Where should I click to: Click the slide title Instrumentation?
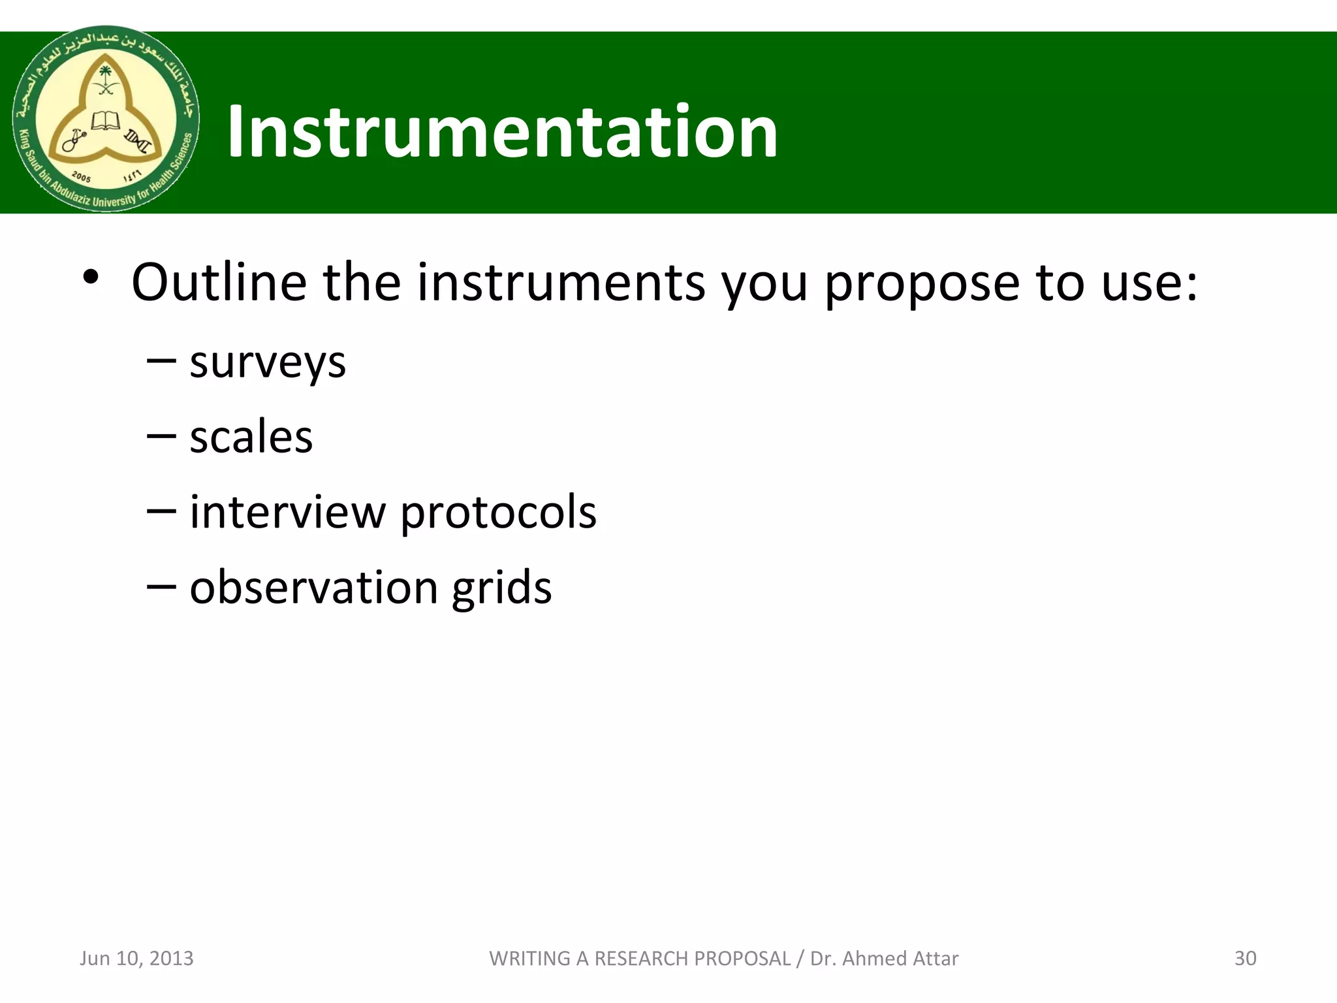(502, 133)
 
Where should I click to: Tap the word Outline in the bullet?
(219, 282)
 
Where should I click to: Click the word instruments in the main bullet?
(561, 282)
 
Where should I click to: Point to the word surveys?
(268, 363)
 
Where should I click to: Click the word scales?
(251, 437)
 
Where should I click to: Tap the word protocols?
(498, 513)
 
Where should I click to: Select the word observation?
(314, 587)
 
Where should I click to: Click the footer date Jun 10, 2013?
(136, 958)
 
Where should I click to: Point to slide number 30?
(1245, 958)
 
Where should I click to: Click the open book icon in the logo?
(105, 121)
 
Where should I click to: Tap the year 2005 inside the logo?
(82, 177)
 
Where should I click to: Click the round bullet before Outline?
(91, 278)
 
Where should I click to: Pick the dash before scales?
(161, 436)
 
